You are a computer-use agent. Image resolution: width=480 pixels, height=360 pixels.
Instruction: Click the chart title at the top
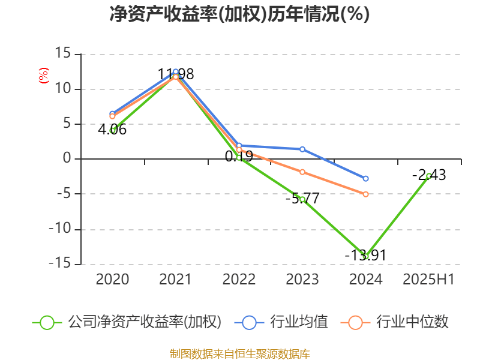239,14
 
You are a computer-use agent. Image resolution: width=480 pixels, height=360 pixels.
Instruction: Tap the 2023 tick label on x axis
302,279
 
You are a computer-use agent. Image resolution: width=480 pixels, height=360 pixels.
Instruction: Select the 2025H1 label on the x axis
428,279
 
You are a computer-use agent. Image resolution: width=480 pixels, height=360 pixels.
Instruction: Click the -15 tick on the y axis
61,264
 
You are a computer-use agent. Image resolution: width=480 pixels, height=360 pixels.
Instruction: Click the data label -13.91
365,255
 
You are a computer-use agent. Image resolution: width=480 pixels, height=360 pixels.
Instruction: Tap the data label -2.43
429,175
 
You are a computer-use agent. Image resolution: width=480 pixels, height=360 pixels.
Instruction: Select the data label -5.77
302,198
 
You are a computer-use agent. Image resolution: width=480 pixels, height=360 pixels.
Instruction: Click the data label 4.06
112,129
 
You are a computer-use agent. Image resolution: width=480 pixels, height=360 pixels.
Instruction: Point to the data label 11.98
176,74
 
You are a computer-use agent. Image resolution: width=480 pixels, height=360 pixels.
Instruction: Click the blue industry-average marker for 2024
365,178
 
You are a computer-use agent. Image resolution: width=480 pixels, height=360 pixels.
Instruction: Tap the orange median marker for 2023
302,172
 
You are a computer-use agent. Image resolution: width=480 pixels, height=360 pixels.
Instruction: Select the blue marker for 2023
302,149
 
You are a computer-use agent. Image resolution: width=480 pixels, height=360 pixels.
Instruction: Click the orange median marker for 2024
365,194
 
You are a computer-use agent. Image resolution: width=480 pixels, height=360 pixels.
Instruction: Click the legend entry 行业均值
285,322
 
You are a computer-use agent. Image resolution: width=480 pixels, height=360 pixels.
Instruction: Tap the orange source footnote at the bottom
239,353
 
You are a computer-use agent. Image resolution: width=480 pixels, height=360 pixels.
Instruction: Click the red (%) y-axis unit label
43,76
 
